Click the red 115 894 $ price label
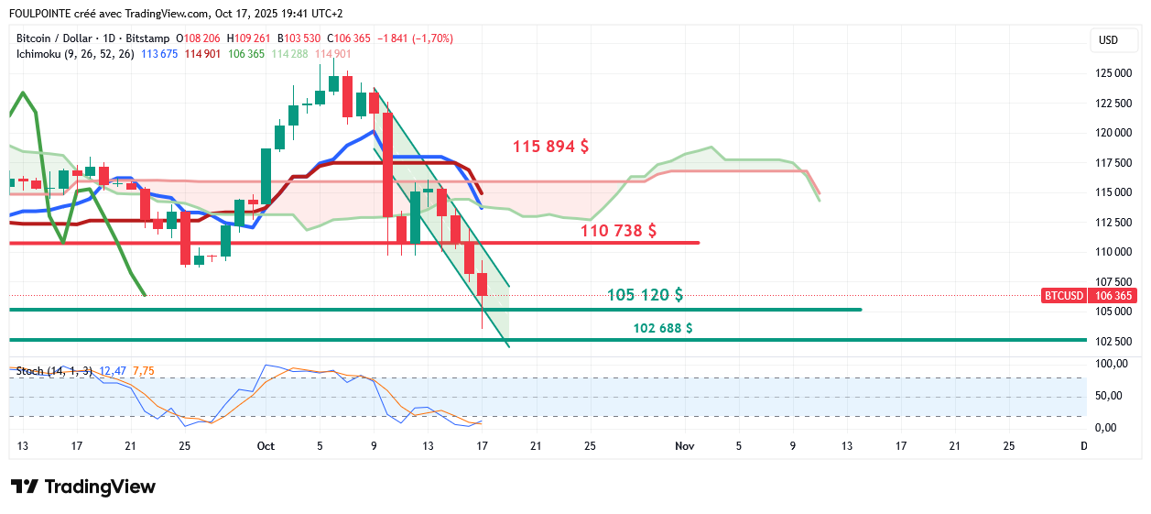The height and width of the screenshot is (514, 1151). click(550, 147)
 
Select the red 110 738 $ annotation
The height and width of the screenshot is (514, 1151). click(618, 231)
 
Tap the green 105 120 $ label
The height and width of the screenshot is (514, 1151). click(645, 295)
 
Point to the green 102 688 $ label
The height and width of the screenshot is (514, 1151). click(662, 328)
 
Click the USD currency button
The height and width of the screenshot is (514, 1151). click(1108, 40)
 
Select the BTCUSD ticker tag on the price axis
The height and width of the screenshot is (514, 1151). click(1063, 296)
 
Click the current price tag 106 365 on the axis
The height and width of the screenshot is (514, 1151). click(1113, 296)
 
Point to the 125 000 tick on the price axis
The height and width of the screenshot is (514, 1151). click(1113, 73)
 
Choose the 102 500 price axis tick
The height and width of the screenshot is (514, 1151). click(1113, 341)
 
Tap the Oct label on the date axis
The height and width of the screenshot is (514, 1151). click(266, 446)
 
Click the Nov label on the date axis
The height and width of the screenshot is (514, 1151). click(683, 446)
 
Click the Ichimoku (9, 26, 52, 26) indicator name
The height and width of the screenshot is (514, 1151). click(75, 54)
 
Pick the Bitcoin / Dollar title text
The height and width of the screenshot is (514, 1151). click(54, 38)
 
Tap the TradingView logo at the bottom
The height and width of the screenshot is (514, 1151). click(83, 487)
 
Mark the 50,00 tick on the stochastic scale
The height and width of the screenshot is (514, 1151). click(1109, 396)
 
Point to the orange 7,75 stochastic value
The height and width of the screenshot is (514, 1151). click(144, 371)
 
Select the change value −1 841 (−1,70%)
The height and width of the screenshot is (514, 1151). click(418, 38)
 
